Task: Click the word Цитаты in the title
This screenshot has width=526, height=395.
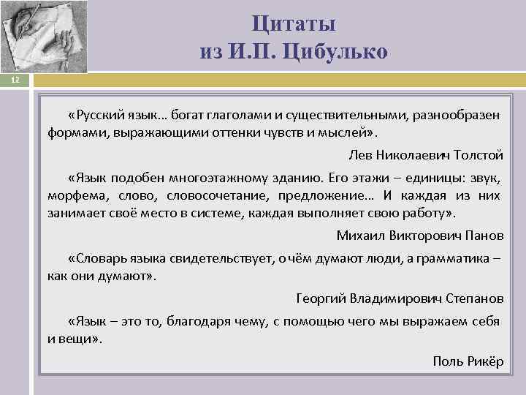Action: pos(294,23)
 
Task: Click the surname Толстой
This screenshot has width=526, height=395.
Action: pos(477,155)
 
